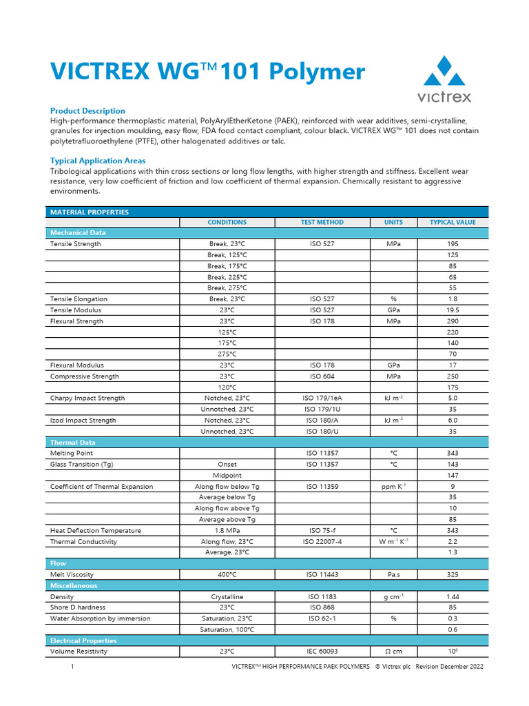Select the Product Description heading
87,111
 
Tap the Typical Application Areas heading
98,161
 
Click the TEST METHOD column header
322,223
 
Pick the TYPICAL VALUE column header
452,223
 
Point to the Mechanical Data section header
78,233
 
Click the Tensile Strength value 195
452,244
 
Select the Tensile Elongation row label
79,299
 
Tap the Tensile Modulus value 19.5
452,310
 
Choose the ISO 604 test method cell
322,376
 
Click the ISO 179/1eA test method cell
322,399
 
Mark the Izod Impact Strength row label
83,421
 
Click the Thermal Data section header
72,443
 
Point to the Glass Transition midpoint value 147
452,476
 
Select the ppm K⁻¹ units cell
393,487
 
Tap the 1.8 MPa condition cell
227,531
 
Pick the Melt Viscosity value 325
452,575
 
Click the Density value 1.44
452,597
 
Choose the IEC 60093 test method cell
322,652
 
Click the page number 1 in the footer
72,667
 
